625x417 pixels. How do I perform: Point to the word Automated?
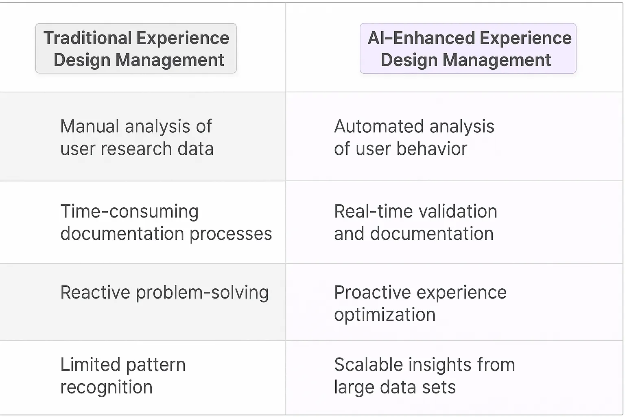379,127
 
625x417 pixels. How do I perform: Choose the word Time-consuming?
129,212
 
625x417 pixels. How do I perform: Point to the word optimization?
385,315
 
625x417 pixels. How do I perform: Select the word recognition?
106,387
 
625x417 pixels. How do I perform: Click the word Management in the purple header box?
496,60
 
